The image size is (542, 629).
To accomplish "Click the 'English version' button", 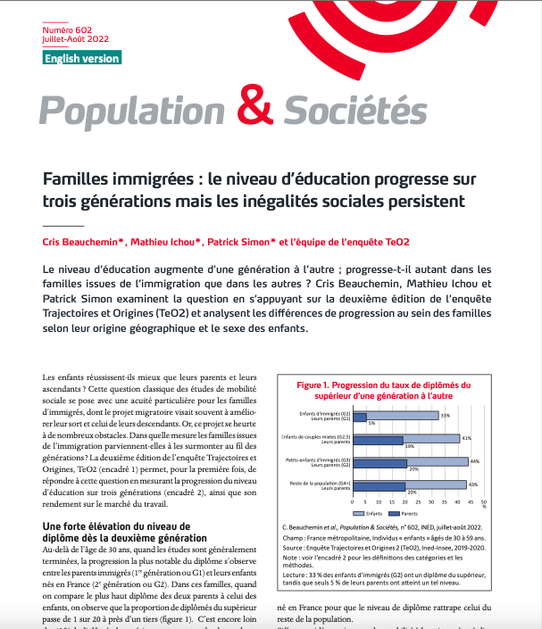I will point(81,58).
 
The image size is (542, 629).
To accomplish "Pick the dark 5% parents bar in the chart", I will point(360,421).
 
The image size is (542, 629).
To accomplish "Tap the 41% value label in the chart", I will point(466,438).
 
